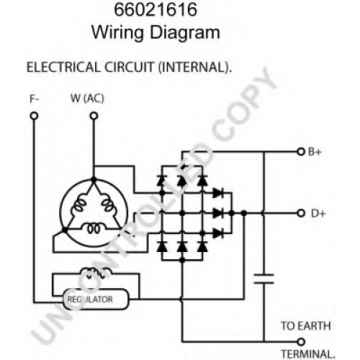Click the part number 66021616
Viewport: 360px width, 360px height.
(156, 9)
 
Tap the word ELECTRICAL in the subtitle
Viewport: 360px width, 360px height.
(63, 67)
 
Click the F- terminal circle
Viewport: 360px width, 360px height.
(34, 116)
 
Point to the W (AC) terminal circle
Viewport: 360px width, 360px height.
(94, 116)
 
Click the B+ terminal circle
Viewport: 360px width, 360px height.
(301, 152)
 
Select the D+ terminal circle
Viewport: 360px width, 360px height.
(301, 213)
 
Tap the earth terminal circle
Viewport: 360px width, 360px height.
(301, 341)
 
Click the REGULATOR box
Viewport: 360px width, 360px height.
(96, 300)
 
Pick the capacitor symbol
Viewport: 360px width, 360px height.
(264, 279)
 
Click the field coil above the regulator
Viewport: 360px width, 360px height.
(96, 273)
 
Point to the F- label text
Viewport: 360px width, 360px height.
(35, 99)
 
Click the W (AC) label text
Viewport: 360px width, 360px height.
(87, 99)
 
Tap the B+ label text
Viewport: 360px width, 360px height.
(315, 152)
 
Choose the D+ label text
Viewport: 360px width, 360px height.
(318, 213)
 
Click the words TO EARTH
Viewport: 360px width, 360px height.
(306, 326)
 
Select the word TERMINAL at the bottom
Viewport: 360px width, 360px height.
(308, 354)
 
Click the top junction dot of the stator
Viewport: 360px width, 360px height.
(94, 180)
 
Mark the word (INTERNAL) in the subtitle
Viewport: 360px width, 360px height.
(195, 67)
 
